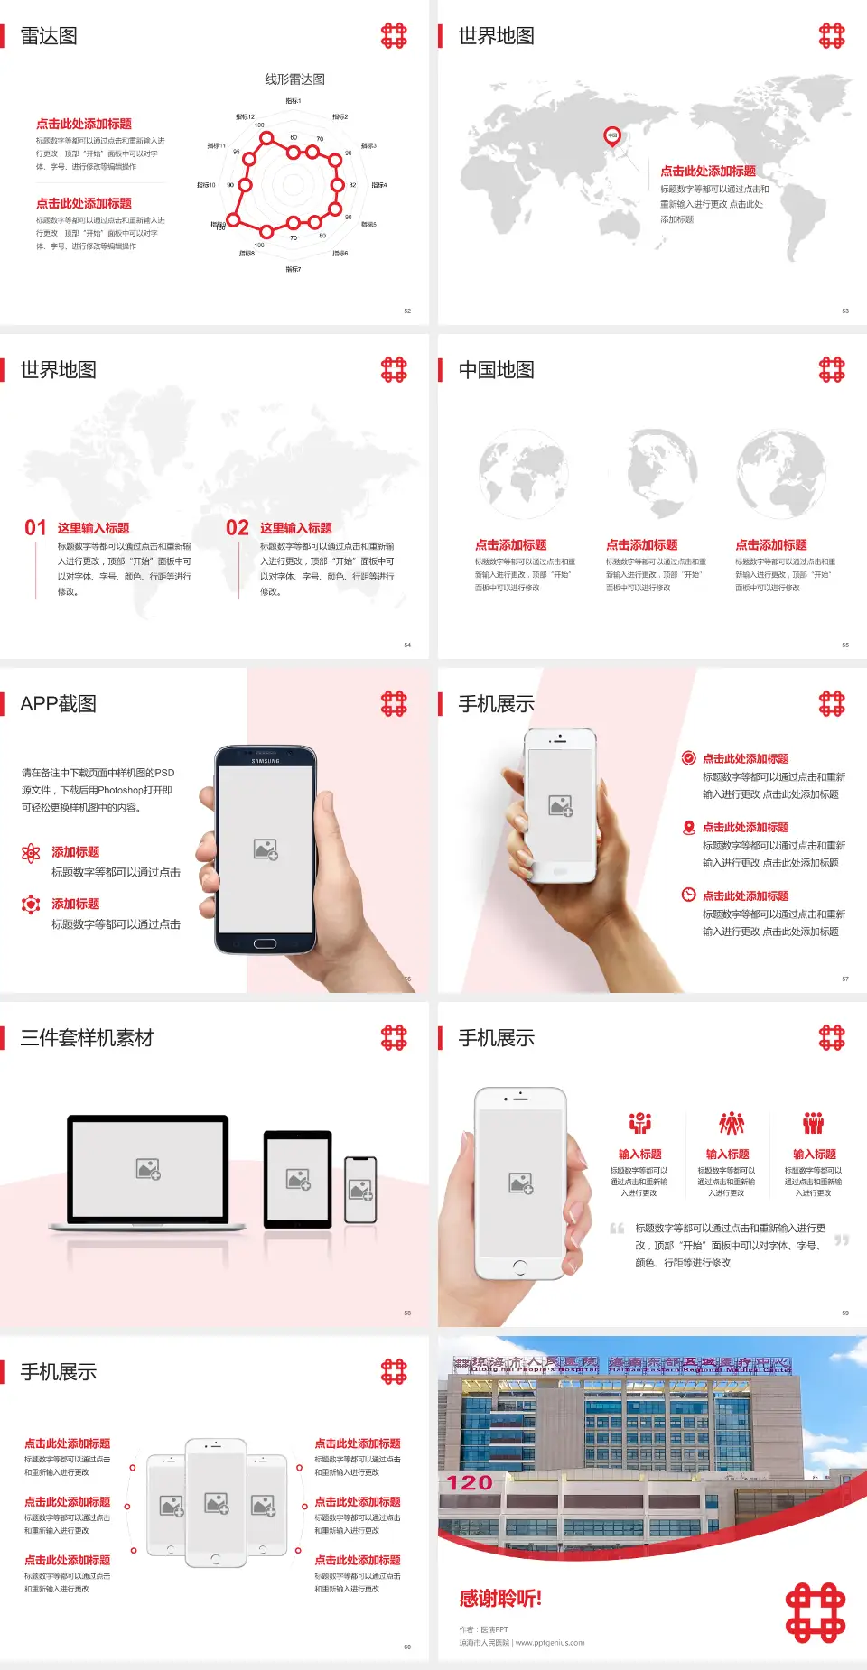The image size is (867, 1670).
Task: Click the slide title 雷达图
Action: click(x=49, y=36)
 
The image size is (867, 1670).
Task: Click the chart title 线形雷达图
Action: click(x=294, y=79)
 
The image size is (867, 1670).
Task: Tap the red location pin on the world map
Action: click(x=612, y=136)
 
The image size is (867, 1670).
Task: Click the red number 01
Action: click(x=35, y=528)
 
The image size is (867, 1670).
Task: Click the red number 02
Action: click(x=238, y=528)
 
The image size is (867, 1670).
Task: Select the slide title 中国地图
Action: click(x=496, y=370)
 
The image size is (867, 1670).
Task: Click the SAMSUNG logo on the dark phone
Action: click(x=266, y=761)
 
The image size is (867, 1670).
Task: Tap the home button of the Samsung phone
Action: click(x=265, y=943)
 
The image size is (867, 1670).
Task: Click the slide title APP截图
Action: click(x=58, y=704)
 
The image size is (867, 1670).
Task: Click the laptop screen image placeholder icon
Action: click(x=148, y=1169)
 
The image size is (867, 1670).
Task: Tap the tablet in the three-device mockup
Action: click(x=298, y=1178)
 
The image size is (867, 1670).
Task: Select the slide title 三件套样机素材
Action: click(x=87, y=1038)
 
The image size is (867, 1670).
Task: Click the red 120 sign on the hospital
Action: click(x=470, y=1482)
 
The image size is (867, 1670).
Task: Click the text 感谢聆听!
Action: click(x=500, y=1599)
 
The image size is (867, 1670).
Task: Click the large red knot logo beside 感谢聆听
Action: click(x=815, y=1612)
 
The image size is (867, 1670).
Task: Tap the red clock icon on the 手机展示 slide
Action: click(x=688, y=895)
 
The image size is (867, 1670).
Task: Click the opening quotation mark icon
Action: click(x=617, y=1228)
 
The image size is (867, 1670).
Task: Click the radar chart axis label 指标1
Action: click(x=294, y=101)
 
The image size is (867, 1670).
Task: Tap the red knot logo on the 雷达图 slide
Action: click(x=394, y=36)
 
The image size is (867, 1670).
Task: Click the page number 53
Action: click(x=845, y=311)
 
